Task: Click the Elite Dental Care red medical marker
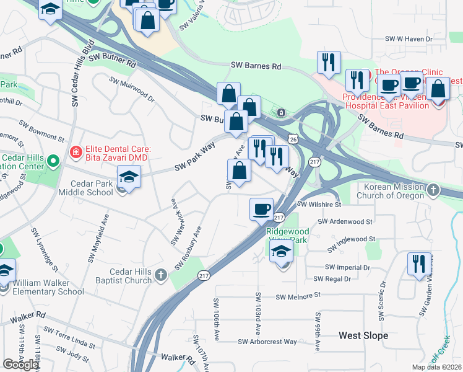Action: click(76, 151)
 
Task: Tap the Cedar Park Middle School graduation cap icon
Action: click(129, 178)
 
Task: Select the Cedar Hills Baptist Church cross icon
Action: click(161, 274)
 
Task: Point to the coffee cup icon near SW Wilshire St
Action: click(261, 209)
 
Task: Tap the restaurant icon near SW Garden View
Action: click(418, 263)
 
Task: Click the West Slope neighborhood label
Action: click(363, 335)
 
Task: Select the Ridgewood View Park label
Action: click(287, 235)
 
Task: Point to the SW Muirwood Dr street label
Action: click(132, 89)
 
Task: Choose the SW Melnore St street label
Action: click(300, 297)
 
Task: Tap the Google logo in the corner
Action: click(20, 365)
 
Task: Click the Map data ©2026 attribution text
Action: click(436, 367)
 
